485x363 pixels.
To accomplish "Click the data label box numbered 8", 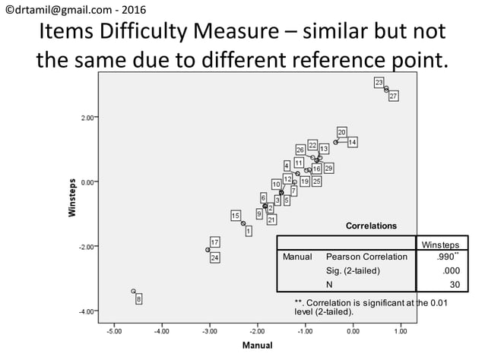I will (x=138, y=299).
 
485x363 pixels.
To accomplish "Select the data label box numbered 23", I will (x=379, y=81).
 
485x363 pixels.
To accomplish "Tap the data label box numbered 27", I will (x=393, y=96).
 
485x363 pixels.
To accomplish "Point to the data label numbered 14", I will (x=353, y=142).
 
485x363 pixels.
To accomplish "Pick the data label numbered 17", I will (x=215, y=242).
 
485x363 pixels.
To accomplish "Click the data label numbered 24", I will (x=215, y=257).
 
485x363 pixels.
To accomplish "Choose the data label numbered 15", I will (x=236, y=216).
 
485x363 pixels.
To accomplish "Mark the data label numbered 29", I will (x=328, y=168).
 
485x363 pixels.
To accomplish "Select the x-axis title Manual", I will (x=257, y=346).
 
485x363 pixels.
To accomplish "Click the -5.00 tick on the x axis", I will (x=114, y=331).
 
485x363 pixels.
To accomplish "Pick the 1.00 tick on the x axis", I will (x=401, y=331).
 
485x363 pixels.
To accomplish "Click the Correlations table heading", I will (x=371, y=226).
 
